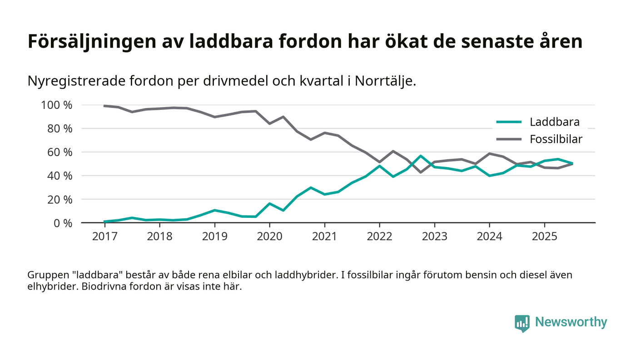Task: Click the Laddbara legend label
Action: coord(554,122)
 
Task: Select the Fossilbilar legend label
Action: coord(556,139)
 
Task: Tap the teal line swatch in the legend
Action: coord(508,122)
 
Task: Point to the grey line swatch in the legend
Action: coord(508,139)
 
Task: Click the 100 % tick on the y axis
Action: coord(57,105)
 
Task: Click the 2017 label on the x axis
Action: coord(104,237)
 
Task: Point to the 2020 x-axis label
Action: coord(269,237)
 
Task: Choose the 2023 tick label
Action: coord(434,237)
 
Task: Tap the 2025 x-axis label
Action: coord(544,237)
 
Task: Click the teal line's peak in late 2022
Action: coord(421,156)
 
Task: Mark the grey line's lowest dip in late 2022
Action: coord(421,172)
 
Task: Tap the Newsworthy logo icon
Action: coord(522,323)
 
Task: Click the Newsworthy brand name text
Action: coord(571,322)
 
